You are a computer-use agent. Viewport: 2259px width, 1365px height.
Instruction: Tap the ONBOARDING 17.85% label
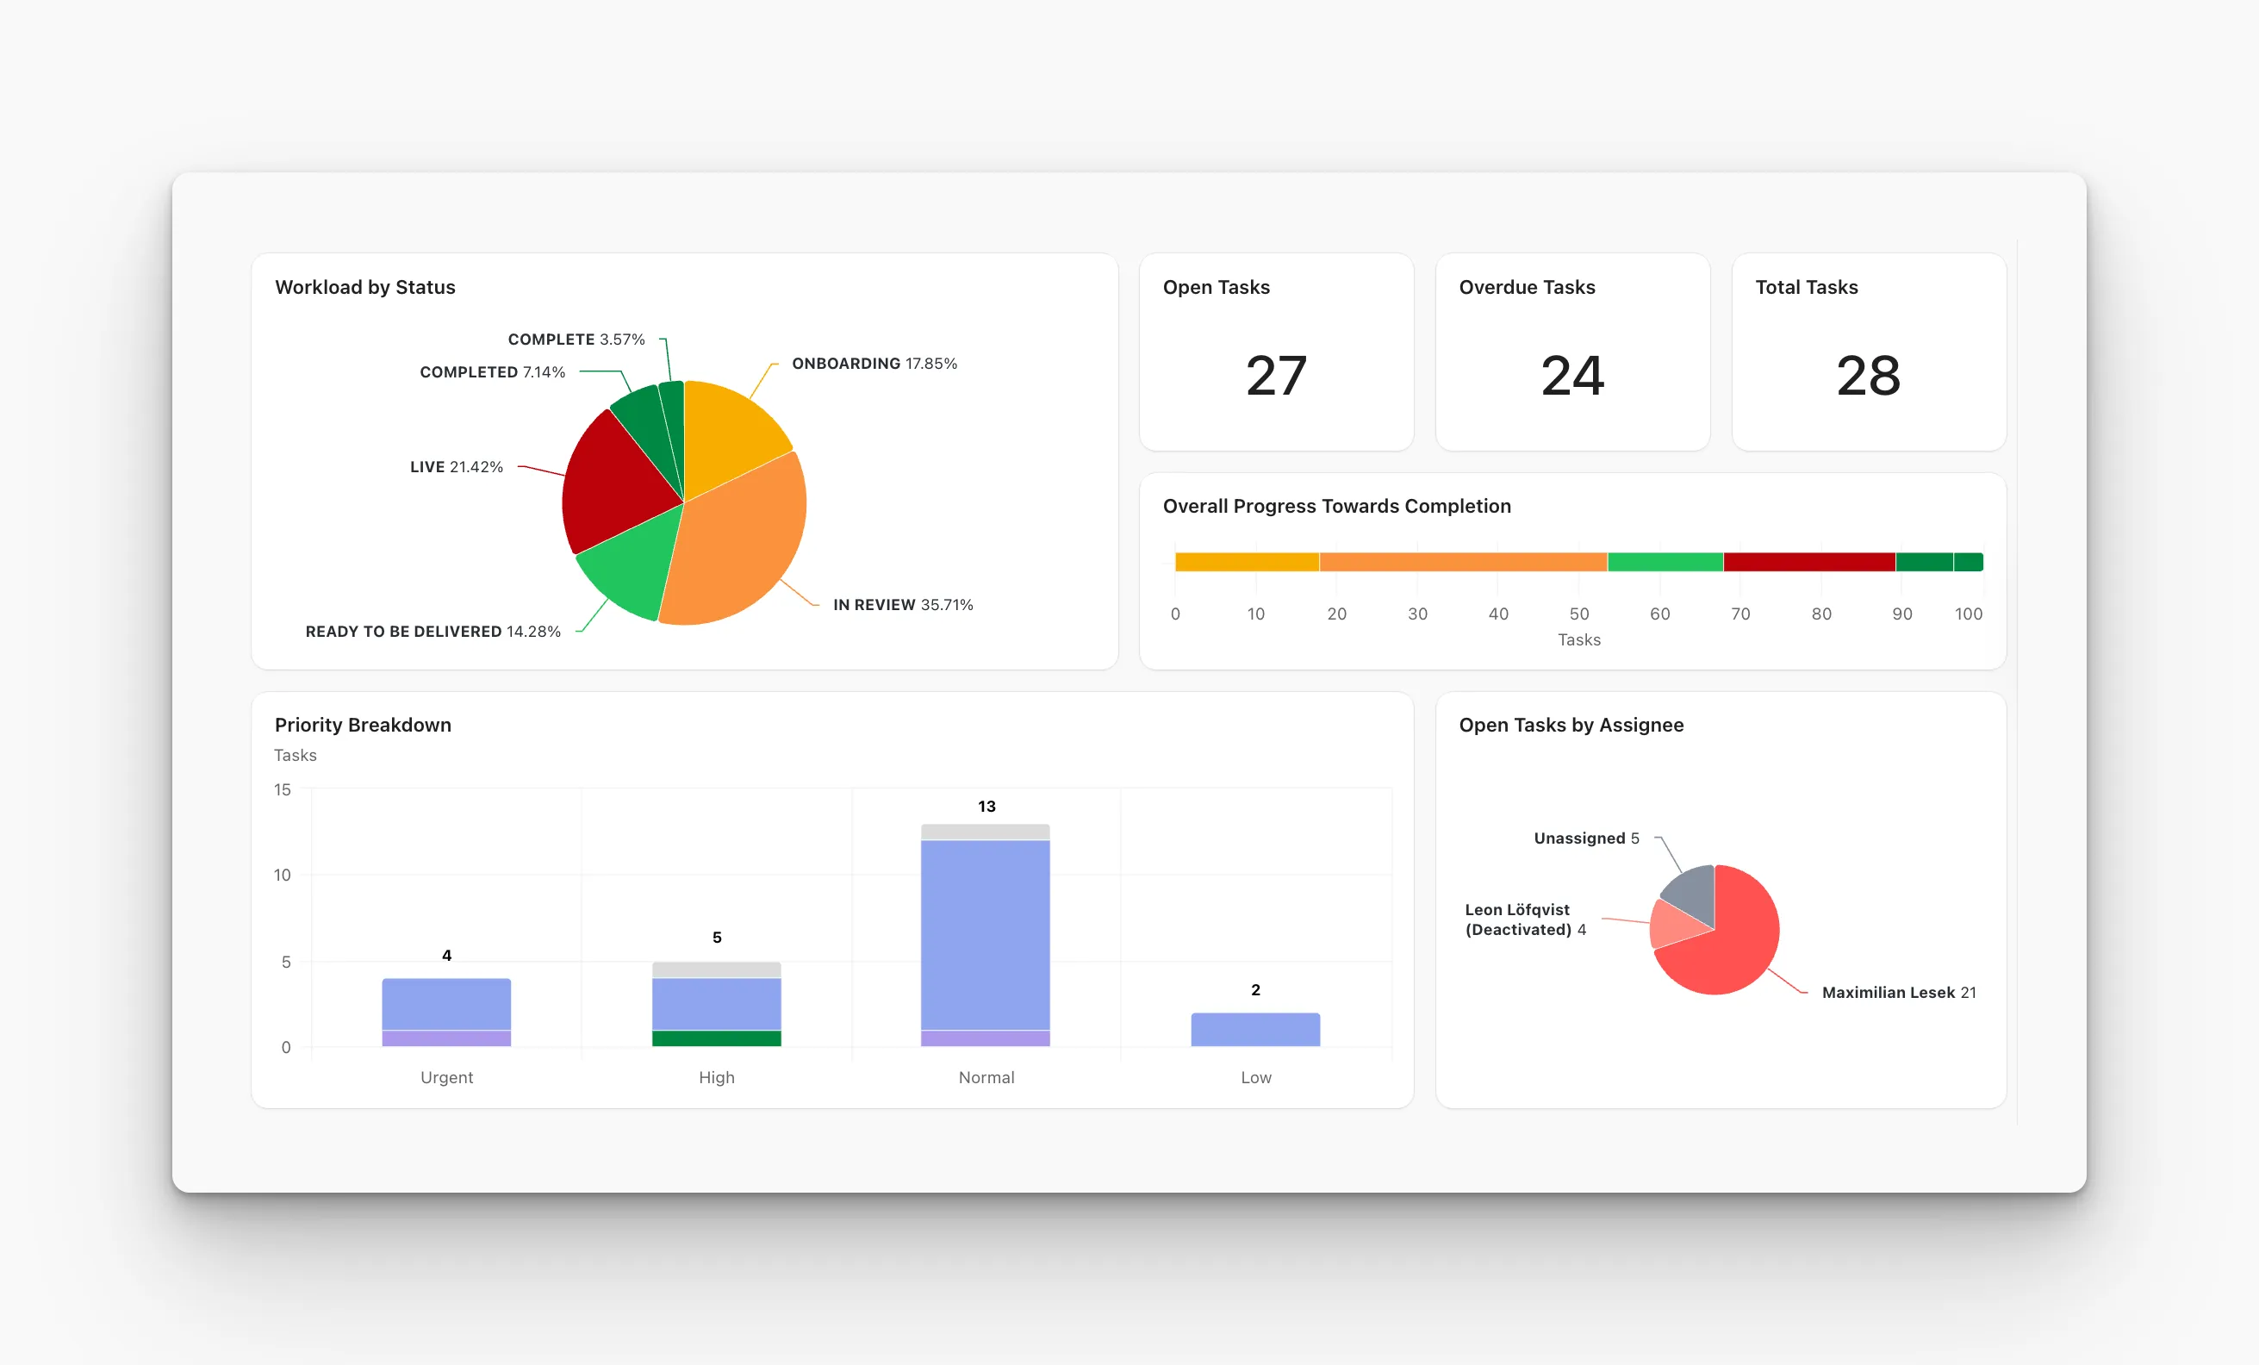[874, 364]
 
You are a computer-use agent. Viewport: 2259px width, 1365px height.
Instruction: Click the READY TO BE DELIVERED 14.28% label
[433, 632]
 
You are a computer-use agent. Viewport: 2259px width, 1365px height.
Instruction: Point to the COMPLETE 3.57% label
[576, 340]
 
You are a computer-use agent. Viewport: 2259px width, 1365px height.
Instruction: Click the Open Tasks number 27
[1275, 376]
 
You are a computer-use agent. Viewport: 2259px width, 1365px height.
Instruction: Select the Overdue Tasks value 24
[1572, 376]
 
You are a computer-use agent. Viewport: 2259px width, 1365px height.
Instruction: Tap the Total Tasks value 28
[1869, 376]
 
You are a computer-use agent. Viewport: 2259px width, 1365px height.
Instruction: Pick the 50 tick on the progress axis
[1578, 614]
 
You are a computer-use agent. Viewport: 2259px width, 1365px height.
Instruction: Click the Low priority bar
[1255, 1030]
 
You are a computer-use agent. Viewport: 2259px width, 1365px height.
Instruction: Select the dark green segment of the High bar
[716, 1038]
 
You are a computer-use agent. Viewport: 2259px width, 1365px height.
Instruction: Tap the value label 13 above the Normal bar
[986, 807]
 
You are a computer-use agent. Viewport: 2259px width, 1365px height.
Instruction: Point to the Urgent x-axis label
[446, 1077]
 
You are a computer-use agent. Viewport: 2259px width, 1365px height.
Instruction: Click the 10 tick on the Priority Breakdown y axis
[283, 876]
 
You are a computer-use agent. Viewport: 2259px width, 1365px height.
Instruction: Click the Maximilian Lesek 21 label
[1899, 993]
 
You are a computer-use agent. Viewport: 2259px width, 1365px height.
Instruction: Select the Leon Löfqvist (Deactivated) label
[1525, 919]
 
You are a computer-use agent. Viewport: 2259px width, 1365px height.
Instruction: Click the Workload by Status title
[365, 288]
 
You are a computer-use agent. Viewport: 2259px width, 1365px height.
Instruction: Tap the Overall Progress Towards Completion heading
[1336, 506]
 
